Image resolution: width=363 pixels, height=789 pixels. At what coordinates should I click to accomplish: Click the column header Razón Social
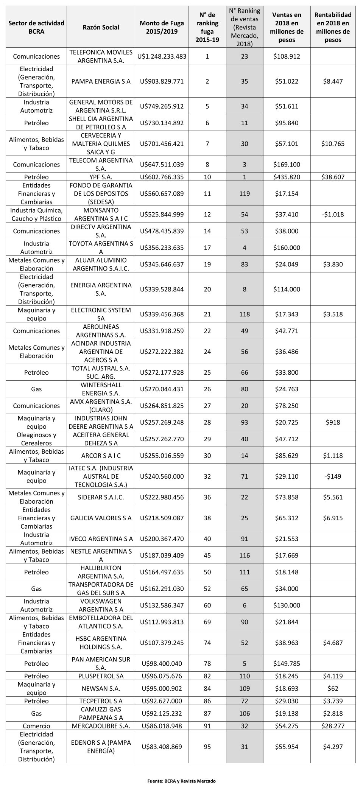click(x=101, y=27)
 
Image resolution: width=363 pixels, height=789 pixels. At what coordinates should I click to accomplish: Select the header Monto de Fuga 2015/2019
click(x=162, y=27)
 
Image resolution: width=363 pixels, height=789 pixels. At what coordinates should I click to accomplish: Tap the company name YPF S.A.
click(x=101, y=177)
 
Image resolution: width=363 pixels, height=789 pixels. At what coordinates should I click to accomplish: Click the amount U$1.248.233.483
click(x=162, y=56)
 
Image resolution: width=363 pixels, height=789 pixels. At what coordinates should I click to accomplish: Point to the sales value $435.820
click(x=287, y=177)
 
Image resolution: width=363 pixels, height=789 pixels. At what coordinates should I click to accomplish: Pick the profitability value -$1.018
click(x=333, y=214)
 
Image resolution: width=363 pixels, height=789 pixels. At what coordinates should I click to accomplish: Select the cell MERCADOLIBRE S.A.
click(x=101, y=726)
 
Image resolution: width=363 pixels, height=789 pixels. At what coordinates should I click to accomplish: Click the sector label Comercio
click(x=36, y=726)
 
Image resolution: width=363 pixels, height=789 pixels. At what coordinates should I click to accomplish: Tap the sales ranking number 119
click(x=245, y=193)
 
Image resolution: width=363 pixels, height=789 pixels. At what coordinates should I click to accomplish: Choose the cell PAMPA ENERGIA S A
click(x=101, y=81)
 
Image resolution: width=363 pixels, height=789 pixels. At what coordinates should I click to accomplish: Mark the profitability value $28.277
click(x=333, y=726)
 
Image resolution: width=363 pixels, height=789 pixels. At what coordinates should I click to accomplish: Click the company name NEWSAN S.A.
click(x=101, y=688)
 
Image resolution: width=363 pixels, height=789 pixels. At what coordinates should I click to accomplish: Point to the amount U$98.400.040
click(x=162, y=663)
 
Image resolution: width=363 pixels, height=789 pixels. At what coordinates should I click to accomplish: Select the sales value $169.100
click(x=287, y=164)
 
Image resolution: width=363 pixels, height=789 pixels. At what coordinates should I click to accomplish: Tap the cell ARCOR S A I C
click(x=101, y=455)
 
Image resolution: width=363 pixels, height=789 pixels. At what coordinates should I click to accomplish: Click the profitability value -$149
click(x=333, y=476)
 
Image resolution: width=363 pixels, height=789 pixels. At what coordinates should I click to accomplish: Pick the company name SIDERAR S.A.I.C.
click(x=101, y=497)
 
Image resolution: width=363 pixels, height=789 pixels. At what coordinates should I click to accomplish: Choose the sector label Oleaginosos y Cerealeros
click(x=36, y=439)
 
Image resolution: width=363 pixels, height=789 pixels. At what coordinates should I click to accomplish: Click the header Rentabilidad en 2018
click(x=333, y=27)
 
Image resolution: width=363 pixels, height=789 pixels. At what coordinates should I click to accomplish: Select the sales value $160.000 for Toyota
click(x=287, y=247)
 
